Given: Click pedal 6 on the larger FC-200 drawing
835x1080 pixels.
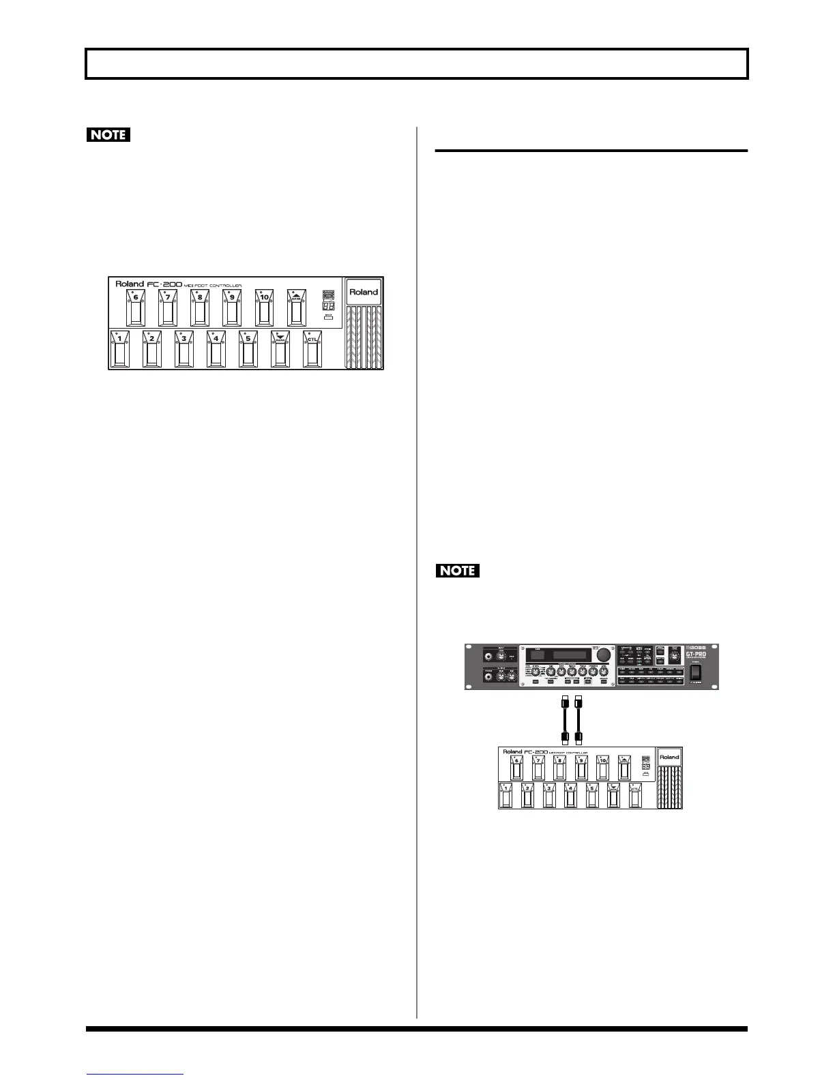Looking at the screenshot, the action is click(135, 308).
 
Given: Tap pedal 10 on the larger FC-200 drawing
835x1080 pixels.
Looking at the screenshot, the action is click(264, 308).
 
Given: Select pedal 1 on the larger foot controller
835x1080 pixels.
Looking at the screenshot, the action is click(119, 350).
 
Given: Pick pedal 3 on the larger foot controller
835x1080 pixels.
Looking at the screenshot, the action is click(184, 350).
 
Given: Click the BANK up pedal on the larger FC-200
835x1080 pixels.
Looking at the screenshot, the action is click(296, 308).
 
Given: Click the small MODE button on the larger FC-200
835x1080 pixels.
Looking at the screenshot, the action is click(328, 318).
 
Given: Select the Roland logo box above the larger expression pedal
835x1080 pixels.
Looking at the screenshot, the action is click(364, 292).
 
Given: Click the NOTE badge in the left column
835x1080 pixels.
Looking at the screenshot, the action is click(108, 134).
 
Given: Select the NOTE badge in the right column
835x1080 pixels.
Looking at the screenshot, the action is click(458, 570).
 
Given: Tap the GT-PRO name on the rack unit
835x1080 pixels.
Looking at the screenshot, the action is click(695, 655).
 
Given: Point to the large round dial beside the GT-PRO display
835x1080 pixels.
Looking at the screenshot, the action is click(603, 656).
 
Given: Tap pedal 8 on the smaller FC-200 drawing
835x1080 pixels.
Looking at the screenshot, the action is click(559, 767).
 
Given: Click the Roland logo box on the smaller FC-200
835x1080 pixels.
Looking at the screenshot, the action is click(669, 757).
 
